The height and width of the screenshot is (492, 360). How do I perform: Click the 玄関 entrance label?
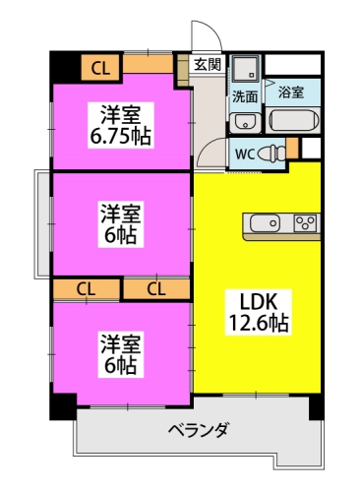tap(208, 66)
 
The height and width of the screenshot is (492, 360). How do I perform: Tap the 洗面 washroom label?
tap(244, 97)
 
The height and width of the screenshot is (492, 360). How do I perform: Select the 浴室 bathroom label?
tap(290, 92)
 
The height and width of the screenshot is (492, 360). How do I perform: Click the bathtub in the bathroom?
tap(294, 121)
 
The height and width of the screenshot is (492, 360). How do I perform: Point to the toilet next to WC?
tap(278, 153)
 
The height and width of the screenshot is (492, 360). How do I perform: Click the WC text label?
tap(244, 154)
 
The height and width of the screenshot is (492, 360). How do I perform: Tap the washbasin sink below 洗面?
tap(243, 121)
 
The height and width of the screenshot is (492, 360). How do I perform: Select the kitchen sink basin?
tap(265, 223)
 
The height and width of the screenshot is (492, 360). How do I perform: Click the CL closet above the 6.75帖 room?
tap(99, 67)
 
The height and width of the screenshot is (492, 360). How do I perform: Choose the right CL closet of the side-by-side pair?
tap(155, 288)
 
